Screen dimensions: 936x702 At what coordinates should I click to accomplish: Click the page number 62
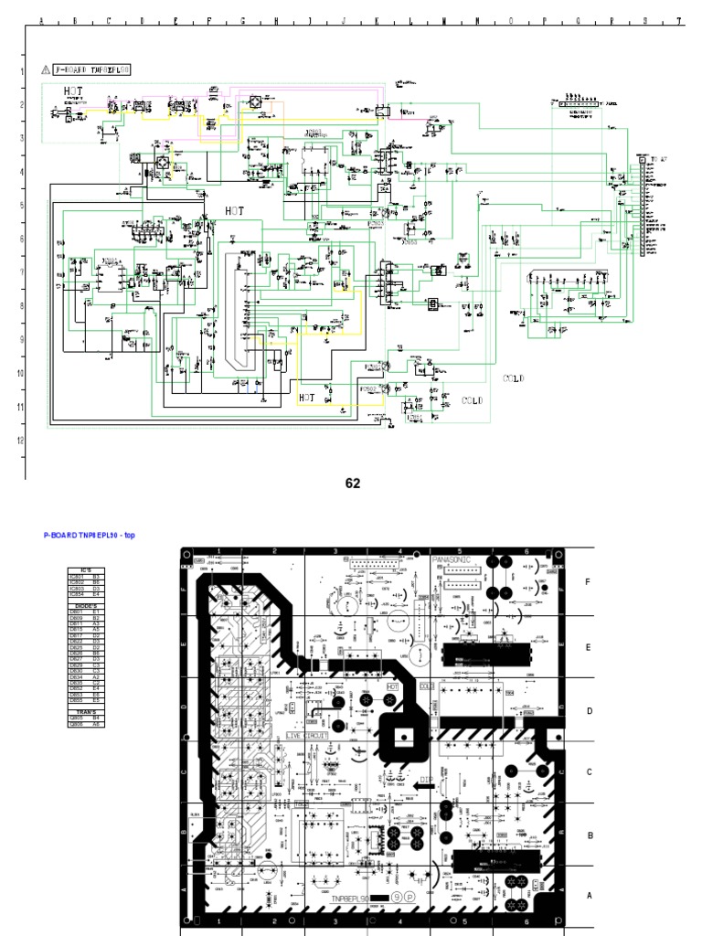point(353,484)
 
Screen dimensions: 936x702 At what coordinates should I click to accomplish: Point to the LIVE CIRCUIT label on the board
point(306,735)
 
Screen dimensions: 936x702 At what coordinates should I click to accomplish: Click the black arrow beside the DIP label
point(422,783)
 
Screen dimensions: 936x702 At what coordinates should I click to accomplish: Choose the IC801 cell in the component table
point(77,578)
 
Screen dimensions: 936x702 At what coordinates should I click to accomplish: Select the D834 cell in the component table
point(77,677)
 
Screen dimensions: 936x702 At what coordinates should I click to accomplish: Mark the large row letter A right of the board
point(589,897)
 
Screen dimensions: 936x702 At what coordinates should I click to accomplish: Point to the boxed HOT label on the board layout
point(394,685)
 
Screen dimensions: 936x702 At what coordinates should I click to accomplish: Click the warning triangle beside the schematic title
point(45,69)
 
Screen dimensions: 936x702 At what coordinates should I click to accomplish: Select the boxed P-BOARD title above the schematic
point(92,69)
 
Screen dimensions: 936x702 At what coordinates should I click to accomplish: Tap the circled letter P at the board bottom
point(410,899)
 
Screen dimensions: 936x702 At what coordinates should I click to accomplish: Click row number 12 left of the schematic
point(20,440)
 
